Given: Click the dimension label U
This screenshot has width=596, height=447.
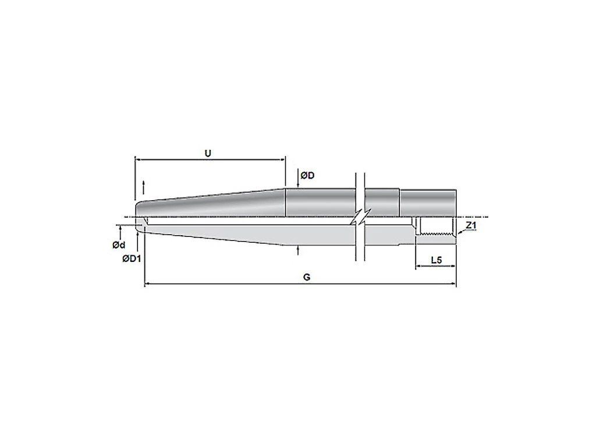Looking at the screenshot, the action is [208, 153].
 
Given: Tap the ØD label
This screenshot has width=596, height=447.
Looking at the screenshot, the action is [307, 176].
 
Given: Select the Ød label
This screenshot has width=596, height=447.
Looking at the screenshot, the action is [119, 245].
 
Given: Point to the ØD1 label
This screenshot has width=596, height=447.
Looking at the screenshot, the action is [132, 259].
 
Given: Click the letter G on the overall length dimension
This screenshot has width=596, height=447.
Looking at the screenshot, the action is [307, 277].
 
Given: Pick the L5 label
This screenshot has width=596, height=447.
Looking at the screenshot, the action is [437, 260].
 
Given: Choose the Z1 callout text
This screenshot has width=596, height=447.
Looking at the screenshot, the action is [471, 225].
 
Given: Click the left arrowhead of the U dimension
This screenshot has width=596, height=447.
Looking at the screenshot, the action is [138, 160].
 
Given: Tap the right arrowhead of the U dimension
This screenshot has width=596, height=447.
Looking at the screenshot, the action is [282, 160].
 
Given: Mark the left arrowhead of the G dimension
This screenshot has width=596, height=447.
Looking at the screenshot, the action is [148, 283].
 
